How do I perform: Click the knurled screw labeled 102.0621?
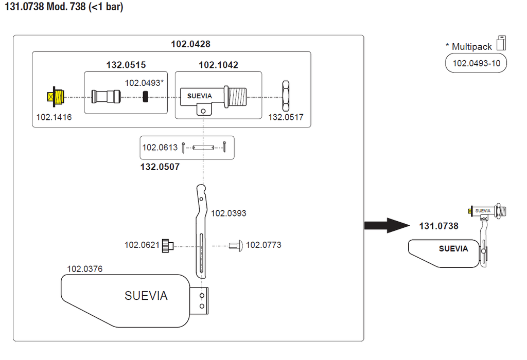[168, 245]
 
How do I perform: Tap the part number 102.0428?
[190, 44]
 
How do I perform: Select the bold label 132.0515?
[126, 65]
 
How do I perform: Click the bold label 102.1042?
[218, 65]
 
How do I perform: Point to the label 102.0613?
[160, 148]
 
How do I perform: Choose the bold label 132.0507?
[160, 167]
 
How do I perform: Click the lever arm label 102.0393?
[229, 213]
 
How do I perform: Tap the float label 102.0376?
[84, 269]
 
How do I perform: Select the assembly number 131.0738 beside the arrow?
[438, 226]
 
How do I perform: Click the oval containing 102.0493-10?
[476, 64]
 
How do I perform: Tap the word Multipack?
[471, 47]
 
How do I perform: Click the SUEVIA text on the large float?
[146, 296]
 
